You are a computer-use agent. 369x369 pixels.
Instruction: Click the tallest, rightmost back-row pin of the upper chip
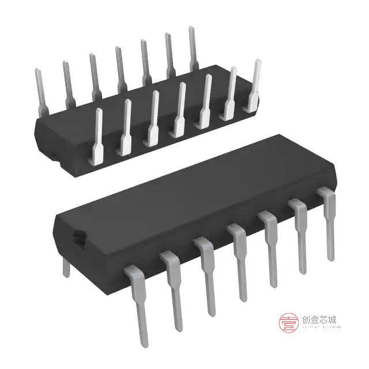(193, 46)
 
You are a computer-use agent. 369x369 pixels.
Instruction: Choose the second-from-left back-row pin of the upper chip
(67, 81)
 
